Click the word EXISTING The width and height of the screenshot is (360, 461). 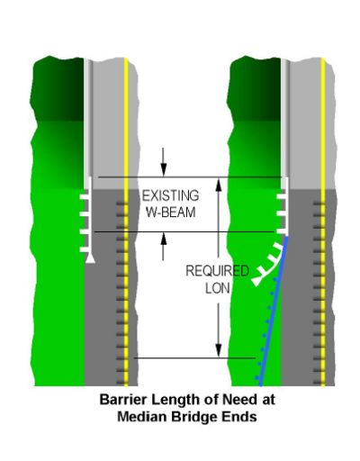pos(170,196)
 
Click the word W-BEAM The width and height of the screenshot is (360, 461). pos(171,212)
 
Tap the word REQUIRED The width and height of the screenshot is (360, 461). pos(217,271)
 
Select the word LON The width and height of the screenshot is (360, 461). pos(218,288)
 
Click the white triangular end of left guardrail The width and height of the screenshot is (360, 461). pos(90,258)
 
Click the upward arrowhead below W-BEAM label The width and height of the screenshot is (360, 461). pos(163,240)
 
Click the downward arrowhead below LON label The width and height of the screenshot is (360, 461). pos(219,350)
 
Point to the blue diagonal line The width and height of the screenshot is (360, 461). pos(274,312)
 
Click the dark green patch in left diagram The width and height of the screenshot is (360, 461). pos(58,89)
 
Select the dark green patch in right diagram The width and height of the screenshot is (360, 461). pos(255,89)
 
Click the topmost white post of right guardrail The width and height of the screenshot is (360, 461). pos(282,196)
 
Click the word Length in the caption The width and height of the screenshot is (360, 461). pos(175,401)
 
